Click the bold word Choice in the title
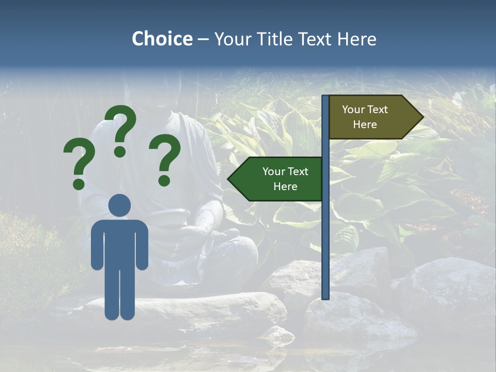[162, 39]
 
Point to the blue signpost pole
[326, 233]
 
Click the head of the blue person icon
[119, 205]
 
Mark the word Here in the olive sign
[365, 125]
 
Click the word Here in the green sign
[285, 187]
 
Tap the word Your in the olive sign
[354, 110]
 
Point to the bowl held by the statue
[173, 213]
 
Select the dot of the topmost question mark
[120, 151]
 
